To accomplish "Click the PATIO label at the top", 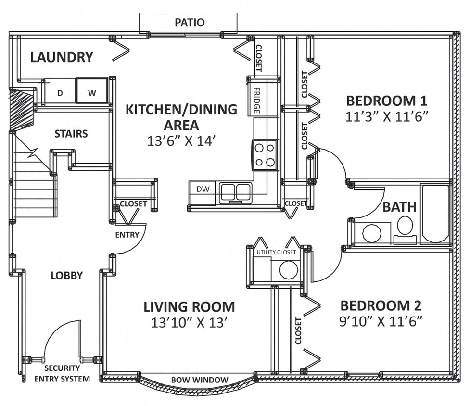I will (x=189, y=23).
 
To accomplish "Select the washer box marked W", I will (x=92, y=91).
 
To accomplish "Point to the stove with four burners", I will (x=265, y=155).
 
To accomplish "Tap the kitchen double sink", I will (x=236, y=193).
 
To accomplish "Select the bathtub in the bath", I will (x=435, y=214).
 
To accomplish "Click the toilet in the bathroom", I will (x=405, y=229).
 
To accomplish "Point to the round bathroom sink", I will (x=371, y=233).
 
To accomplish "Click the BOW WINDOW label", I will (x=199, y=380).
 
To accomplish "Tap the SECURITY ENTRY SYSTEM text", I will (x=62, y=374).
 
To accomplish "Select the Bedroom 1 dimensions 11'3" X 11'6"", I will (x=386, y=116).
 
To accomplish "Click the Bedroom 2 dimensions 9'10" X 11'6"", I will (x=381, y=321).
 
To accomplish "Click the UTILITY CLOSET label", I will (x=276, y=252).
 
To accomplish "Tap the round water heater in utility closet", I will (x=288, y=270).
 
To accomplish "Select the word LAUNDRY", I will (x=62, y=58).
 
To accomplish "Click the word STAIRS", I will (x=71, y=134).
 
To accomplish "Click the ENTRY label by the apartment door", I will (x=127, y=235).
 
